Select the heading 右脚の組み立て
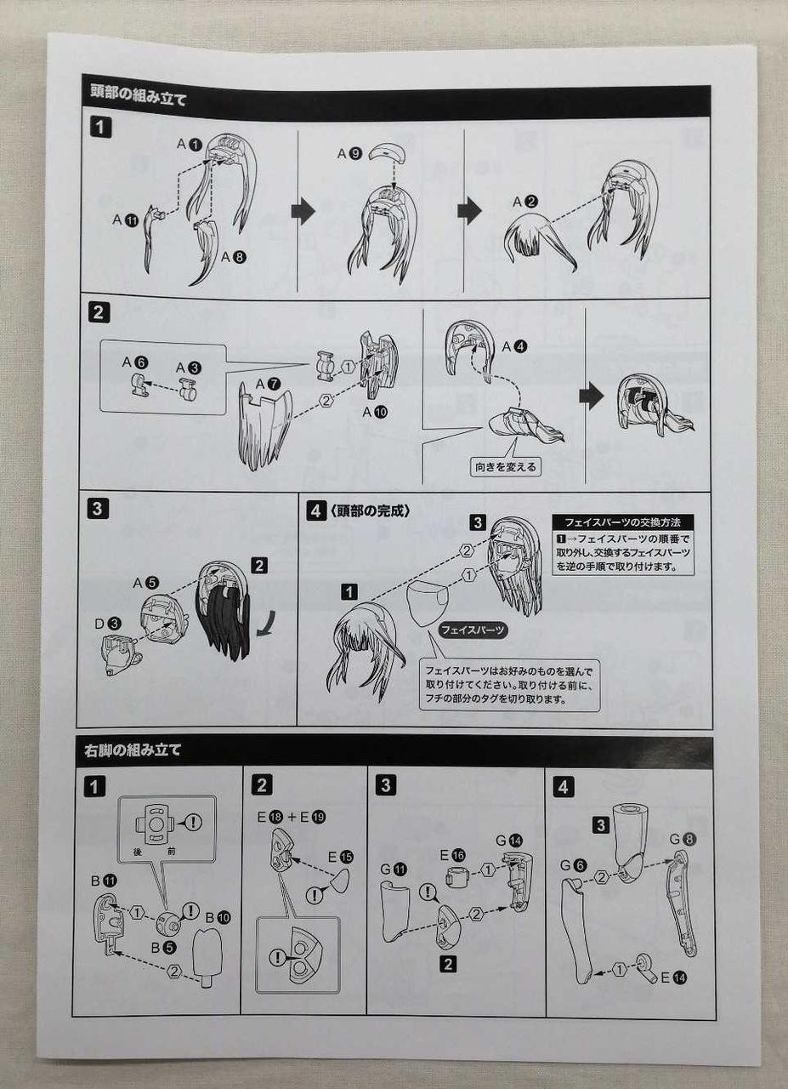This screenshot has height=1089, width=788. [x=132, y=750]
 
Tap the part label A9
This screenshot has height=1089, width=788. [x=349, y=154]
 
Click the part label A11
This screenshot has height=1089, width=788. [x=125, y=220]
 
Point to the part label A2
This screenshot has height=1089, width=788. [x=525, y=202]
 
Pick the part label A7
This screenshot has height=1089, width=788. [x=268, y=384]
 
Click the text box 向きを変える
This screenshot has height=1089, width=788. [x=505, y=467]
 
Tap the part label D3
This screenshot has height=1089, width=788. [x=108, y=624]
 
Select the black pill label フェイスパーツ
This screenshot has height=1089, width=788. [x=473, y=630]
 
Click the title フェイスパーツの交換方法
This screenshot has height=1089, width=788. [x=622, y=522]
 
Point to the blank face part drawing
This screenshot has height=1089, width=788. [x=428, y=602]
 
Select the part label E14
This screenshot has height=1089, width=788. [x=674, y=977]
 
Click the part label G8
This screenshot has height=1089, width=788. [x=683, y=839]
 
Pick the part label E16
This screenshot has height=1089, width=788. [x=452, y=855]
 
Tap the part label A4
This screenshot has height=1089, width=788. [x=514, y=346]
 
